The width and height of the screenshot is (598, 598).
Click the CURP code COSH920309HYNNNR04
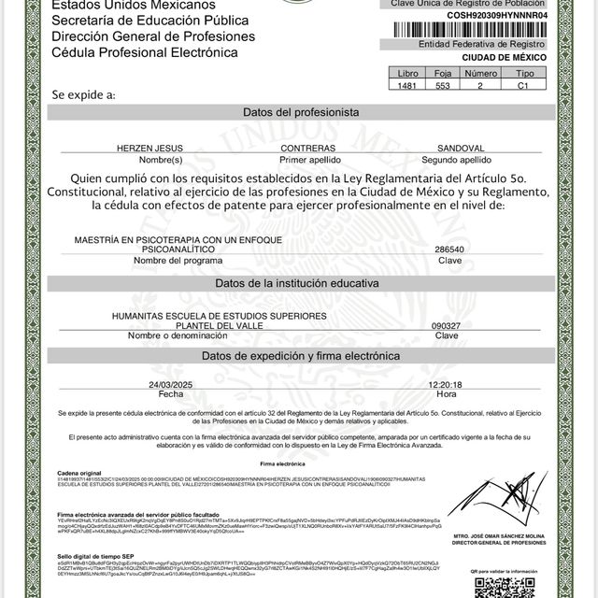[x=485, y=15]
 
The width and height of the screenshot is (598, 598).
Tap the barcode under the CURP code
[x=485, y=29]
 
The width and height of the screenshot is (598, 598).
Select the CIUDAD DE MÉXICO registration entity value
[x=485, y=57]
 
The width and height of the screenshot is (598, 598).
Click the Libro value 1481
[x=408, y=85]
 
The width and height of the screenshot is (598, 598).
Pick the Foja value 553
[x=443, y=85]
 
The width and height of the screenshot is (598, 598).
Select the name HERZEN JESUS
[x=146, y=149]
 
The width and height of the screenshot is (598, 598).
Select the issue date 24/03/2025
[x=170, y=384]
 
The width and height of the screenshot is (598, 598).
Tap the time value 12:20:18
[x=446, y=384]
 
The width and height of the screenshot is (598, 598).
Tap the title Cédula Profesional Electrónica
[x=145, y=53]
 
